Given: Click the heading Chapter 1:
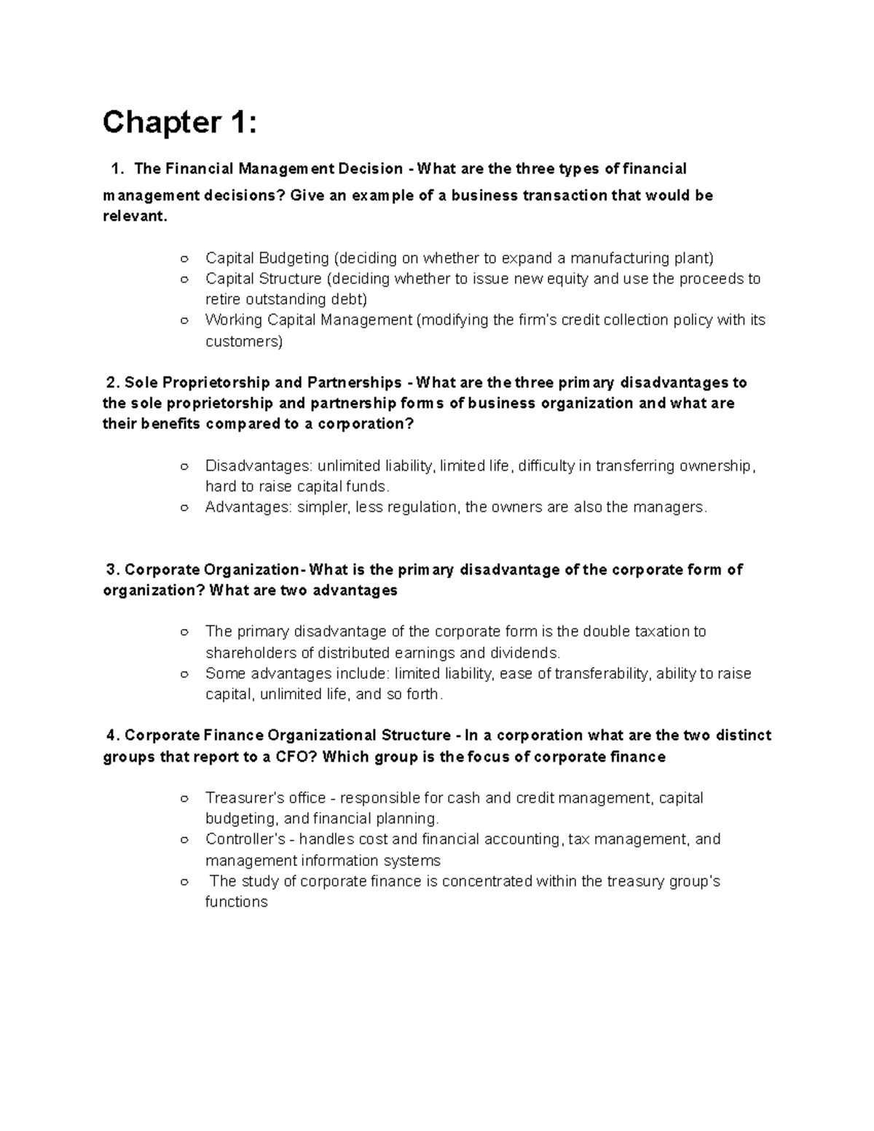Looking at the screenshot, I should pyautogui.click(x=179, y=122).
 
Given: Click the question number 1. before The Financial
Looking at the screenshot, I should pyautogui.click(x=116, y=169).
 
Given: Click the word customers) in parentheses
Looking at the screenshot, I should pyautogui.click(x=243, y=342).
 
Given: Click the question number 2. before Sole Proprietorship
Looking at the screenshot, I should pyautogui.click(x=111, y=383).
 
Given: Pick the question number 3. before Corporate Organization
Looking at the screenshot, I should pyautogui.click(x=111, y=570).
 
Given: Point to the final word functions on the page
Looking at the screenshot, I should pyautogui.click(x=236, y=902).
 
